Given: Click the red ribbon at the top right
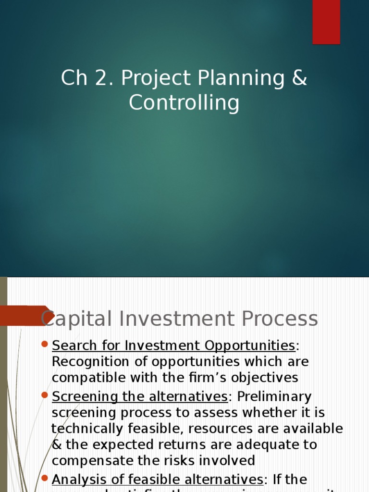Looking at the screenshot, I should [326, 22].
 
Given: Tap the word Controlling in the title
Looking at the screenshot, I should [184, 103].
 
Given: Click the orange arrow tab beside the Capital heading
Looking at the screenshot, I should [26, 316].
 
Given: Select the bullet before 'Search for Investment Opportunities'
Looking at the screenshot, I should [45, 344].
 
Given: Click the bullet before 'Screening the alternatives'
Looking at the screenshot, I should [45, 395].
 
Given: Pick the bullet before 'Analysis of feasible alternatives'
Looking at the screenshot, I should [45, 478].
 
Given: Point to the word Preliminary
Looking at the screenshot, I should [274, 397].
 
